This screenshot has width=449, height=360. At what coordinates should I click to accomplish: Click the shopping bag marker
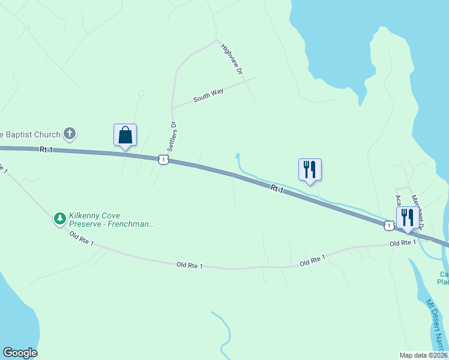pos(125,136)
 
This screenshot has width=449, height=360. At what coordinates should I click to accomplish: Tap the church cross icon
pos(70,133)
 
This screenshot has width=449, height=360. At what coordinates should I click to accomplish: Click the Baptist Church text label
pos(30,134)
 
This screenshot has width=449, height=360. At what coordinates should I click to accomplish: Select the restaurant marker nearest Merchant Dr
pos(407,218)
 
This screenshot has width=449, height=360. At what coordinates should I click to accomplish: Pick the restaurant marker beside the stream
pos(310,170)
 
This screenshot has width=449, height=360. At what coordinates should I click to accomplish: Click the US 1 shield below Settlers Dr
pos(163,159)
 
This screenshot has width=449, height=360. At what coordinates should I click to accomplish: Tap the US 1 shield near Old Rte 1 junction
pos(389,226)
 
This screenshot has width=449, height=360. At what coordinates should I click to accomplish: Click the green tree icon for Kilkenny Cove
pos(59,218)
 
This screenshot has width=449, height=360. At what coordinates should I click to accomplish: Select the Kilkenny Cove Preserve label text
pos(111,219)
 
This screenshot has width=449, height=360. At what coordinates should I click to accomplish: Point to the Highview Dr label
pos(233,59)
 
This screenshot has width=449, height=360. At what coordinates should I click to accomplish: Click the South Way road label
pos(208,95)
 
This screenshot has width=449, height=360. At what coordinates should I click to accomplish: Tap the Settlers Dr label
pos(175,136)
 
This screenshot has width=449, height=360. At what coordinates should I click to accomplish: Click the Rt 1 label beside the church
pos(47,149)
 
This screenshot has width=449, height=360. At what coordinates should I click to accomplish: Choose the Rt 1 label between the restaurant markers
pos(277,190)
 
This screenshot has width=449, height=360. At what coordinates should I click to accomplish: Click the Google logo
pos(20,353)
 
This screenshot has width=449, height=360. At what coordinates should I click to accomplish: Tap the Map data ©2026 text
pos(422,355)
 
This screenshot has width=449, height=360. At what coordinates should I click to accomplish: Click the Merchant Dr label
pos(418,211)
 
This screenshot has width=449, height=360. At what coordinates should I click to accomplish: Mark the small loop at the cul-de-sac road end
pos(142,94)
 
